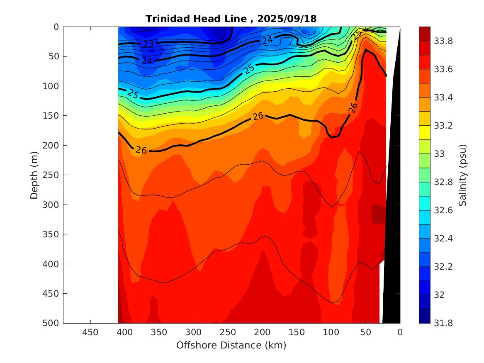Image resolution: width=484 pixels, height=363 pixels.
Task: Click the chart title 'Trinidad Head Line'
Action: pyautogui.click(x=198, y=19)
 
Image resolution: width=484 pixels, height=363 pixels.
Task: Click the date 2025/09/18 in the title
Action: pyautogui.click(x=287, y=19)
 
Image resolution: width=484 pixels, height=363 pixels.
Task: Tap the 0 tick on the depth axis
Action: pyautogui.click(x=56, y=27)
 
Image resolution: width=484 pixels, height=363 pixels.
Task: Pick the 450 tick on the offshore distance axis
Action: pyautogui.click(x=90, y=332)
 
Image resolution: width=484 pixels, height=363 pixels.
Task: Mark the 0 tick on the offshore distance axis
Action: pyautogui.click(x=400, y=332)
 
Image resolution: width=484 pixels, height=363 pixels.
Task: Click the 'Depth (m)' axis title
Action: pyautogui.click(x=34, y=175)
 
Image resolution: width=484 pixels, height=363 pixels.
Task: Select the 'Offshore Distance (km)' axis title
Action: pyautogui.click(x=231, y=345)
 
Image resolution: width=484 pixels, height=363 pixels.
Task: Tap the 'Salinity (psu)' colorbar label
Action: pyautogui.click(x=463, y=175)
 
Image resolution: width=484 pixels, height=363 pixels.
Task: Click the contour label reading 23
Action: pyautogui.click(x=148, y=44)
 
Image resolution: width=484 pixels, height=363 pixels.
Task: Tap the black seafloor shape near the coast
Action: pyautogui.click(x=393, y=207)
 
